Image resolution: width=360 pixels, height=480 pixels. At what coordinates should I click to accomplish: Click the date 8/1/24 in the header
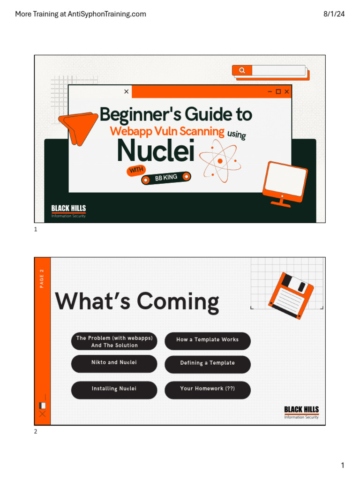334,14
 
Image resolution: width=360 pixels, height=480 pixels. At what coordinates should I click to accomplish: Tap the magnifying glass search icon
242,70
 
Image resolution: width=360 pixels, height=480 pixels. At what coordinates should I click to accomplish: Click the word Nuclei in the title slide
156,150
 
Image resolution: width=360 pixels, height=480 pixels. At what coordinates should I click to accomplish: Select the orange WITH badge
136,170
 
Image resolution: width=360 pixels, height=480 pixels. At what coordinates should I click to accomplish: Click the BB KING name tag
166,178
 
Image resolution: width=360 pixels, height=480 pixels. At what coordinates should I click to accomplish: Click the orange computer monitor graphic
285,184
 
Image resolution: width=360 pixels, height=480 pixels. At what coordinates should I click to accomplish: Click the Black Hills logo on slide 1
68,211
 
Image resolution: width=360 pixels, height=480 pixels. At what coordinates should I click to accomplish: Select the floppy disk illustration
291,295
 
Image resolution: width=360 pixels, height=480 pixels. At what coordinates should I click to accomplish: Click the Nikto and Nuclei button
114,364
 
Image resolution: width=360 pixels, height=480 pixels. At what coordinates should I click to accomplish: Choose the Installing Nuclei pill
114,390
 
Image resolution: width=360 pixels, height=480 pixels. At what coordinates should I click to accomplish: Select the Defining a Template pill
208,364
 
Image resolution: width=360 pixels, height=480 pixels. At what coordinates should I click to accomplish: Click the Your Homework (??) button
208,390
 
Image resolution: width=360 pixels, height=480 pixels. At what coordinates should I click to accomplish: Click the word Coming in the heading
178,302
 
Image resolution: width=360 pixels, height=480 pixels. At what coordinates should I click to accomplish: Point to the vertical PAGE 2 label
42,278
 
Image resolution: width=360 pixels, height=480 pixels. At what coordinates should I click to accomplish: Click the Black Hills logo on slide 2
301,412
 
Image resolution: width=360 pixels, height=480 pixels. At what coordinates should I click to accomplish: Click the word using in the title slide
237,134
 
